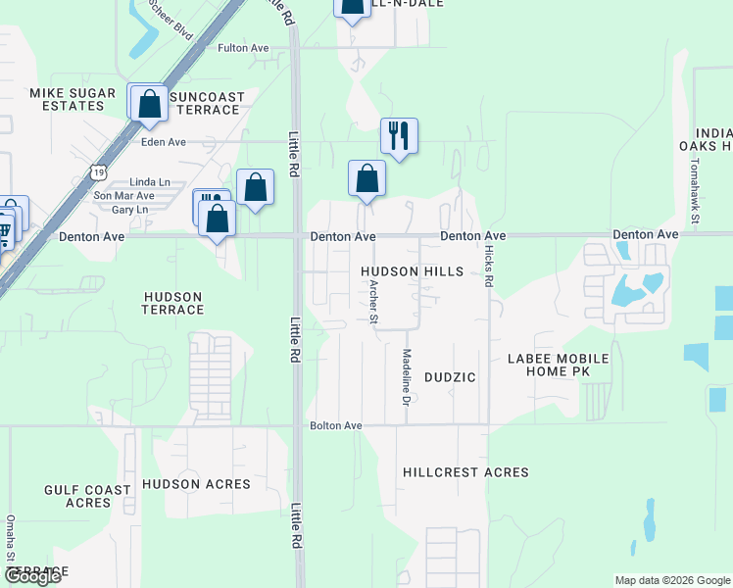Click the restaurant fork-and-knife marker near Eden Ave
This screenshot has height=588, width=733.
tap(399, 135)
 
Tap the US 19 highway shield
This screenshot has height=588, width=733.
tap(98, 172)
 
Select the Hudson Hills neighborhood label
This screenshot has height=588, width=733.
tap(411, 271)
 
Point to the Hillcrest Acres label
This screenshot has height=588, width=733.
tap(465, 472)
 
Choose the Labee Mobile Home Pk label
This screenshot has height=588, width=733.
tap(559, 365)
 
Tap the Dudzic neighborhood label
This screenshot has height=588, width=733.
tap(450, 376)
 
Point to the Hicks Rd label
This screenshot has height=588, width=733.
tap(488, 266)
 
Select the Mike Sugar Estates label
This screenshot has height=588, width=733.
tap(67, 99)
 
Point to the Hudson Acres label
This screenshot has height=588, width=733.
tap(196, 484)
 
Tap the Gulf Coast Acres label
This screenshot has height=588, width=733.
tap(88, 496)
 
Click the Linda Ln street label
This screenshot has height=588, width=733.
tap(150, 182)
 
